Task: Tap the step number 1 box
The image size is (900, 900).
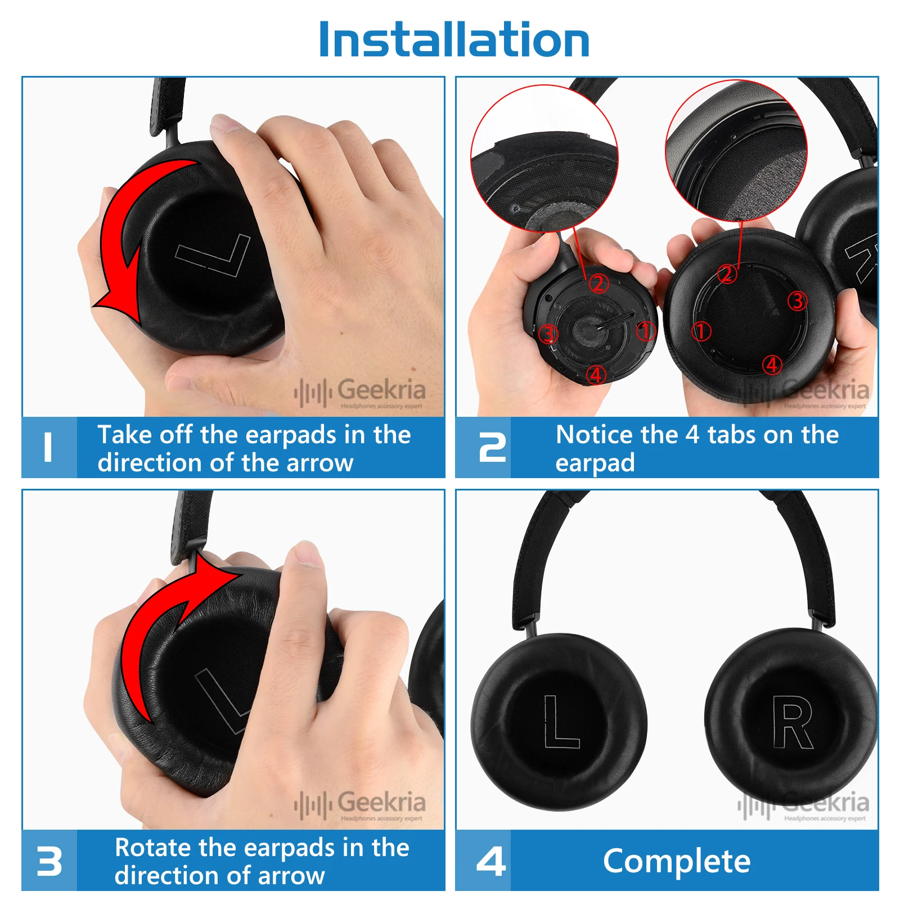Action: click(49, 448)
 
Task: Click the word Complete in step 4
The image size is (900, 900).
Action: click(677, 861)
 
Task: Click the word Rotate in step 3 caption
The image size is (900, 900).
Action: click(151, 848)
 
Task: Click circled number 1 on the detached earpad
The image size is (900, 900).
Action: click(701, 331)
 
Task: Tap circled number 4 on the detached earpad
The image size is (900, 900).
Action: click(772, 364)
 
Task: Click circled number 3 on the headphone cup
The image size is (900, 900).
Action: click(548, 334)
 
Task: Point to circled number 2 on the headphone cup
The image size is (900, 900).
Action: click(598, 283)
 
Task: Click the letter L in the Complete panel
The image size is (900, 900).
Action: click(560, 722)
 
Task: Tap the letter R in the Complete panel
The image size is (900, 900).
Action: click(792, 722)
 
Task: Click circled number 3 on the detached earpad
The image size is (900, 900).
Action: click(797, 301)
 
